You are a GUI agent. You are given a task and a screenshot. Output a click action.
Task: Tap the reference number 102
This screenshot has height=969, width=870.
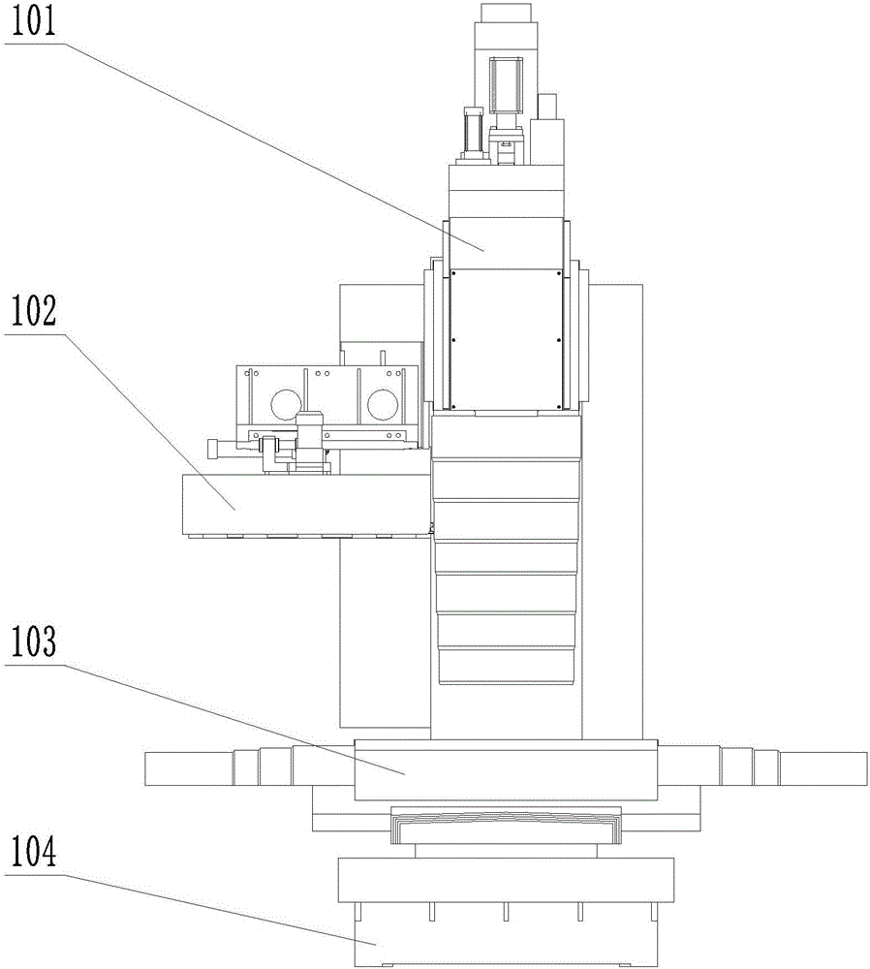click(x=33, y=311)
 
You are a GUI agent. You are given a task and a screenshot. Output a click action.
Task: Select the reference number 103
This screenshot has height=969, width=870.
click(x=33, y=642)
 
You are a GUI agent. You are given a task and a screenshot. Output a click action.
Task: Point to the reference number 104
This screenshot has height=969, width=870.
click(x=33, y=852)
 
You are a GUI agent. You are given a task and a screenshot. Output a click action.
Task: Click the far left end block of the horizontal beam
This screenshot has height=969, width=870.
click(x=189, y=768)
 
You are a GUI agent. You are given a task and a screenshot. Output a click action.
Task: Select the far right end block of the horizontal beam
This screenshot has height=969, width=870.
click(x=823, y=768)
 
